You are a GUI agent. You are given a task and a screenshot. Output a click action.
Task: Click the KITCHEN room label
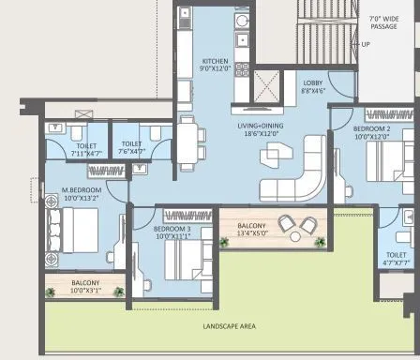(x=216, y=61)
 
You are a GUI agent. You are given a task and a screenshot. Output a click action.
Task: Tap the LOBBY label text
(x=312, y=83)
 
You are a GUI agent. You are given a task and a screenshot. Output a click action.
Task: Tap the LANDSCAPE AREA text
(x=230, y=326)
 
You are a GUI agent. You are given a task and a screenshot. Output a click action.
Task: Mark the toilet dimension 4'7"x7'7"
(x=397, y=262)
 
